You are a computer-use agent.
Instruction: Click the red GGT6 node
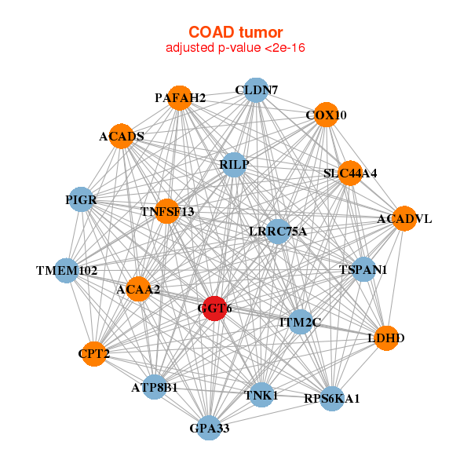pos(215,309)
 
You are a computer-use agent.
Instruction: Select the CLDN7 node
pos(256,90)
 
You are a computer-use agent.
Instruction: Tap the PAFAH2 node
pos(181,98)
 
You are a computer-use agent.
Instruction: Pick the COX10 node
pos(326,115)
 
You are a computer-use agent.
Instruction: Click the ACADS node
pos(122,137)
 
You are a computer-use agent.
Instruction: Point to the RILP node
pos(234,164)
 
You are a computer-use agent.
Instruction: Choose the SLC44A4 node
pos(349,173)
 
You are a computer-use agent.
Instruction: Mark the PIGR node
pos(82,200)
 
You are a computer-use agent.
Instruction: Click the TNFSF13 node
pos(167,211)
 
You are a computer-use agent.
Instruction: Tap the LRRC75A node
pos(278,231)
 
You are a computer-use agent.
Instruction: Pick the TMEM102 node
pos(67,271)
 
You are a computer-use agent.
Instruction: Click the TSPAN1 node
pos(363,270)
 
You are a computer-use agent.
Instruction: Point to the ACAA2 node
pos(138,290)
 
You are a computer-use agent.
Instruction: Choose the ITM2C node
pos(301,321)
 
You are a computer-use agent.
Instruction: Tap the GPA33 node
pos(209,428)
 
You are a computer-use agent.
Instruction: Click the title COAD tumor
pos(235,32)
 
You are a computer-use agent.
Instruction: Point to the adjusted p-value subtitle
pos(235,48)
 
